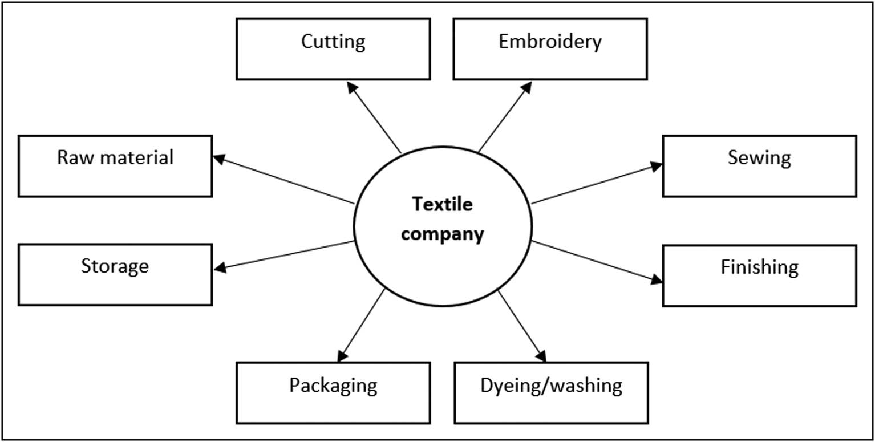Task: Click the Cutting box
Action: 333,49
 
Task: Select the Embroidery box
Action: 550,49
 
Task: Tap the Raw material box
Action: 115,166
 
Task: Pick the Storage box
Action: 115,275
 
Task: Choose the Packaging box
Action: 333,392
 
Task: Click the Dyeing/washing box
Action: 551,392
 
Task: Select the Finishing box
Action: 759,275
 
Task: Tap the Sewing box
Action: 759,166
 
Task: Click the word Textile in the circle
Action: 442,204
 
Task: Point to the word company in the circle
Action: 442,234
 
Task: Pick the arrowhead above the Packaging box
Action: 341,356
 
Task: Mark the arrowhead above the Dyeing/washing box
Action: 541,356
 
